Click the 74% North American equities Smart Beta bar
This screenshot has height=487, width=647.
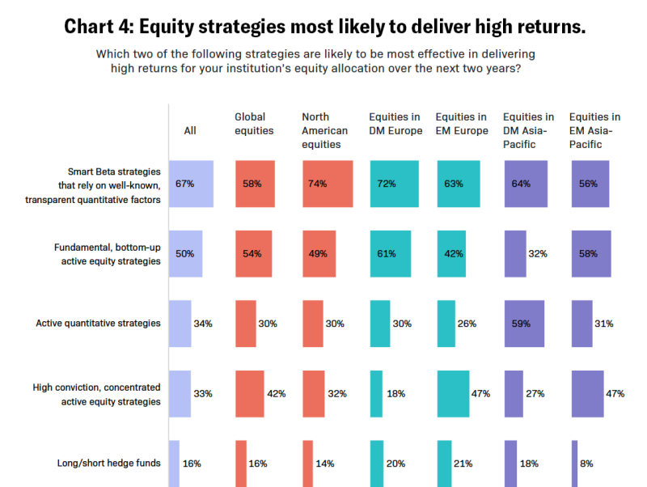point(328,184)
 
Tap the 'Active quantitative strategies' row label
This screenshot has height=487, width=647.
point(98,324)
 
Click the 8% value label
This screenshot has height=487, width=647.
point(586,464)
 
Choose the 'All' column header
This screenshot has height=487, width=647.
point(190,130)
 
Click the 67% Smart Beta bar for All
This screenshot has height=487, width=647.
point(191,184)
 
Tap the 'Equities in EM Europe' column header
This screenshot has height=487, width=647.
point(461,124)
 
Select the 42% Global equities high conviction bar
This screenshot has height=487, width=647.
point(250,394)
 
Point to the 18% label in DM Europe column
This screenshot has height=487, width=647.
point(397,394)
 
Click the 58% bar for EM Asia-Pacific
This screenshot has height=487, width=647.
point(590,254)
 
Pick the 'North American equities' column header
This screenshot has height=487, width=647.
point(325,130)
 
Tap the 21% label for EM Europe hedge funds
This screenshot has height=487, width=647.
point(463,464)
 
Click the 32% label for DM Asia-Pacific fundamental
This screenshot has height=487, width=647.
point(537,254)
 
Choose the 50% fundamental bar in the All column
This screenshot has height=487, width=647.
point(185,254)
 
